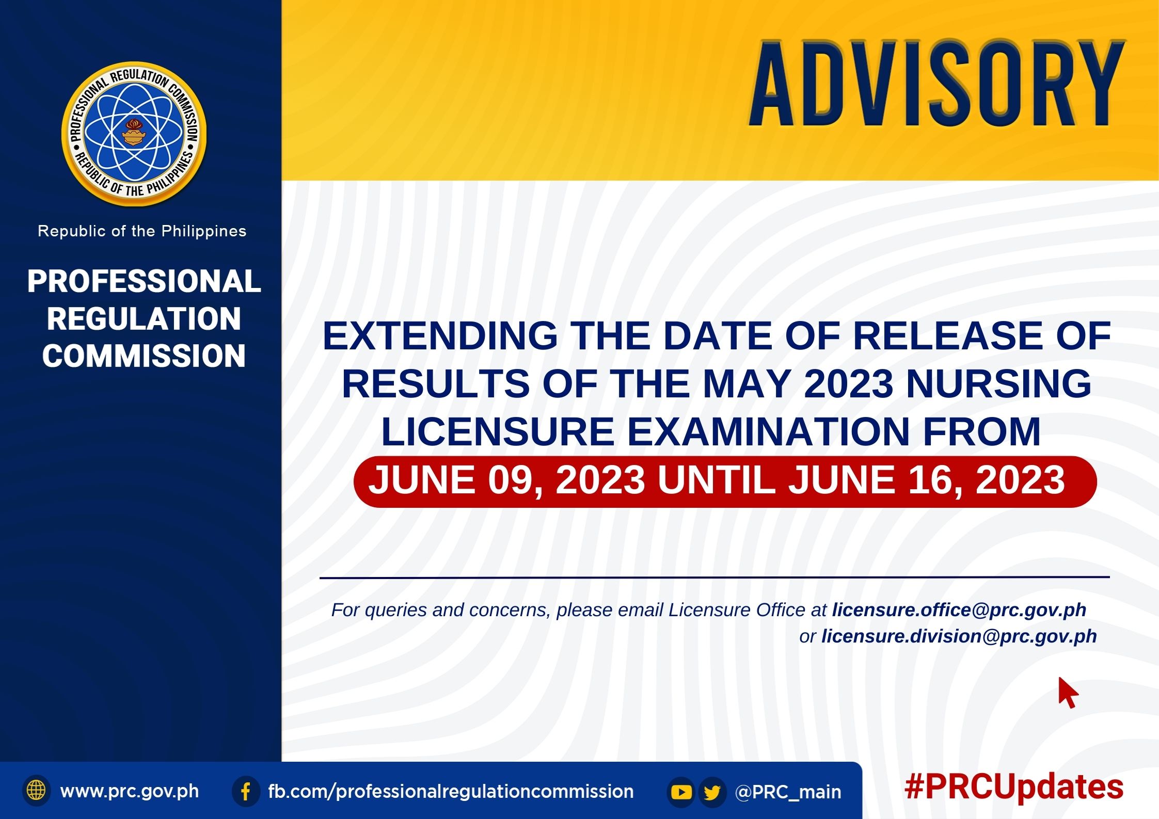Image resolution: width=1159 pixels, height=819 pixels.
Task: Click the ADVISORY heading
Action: point(937,83)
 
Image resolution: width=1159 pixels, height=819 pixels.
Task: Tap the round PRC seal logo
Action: point(134,134)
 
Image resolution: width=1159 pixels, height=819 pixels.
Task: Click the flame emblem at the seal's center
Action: point(134,133)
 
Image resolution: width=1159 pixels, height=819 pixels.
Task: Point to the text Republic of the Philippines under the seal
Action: point(142,231)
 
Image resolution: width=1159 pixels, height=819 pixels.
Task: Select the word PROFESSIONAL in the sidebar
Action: point(144,281)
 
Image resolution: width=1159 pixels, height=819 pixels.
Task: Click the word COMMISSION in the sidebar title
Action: point(144,356)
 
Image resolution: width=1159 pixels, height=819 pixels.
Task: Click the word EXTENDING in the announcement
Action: point(440,335)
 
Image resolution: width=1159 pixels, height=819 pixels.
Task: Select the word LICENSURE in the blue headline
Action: point(497,431)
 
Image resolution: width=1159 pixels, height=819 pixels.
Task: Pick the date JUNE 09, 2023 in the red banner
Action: point(506,480)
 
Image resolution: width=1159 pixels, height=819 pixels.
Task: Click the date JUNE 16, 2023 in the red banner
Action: point(926,480)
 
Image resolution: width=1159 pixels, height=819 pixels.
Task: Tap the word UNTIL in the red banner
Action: point(717,480)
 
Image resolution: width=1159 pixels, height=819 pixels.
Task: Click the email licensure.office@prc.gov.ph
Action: point(959,610)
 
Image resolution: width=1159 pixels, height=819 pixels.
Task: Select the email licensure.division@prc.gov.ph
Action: point(959,636)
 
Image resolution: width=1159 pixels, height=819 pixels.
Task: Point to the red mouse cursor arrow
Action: point(1068,693)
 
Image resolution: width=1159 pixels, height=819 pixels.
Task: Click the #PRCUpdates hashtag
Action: point(1014,788)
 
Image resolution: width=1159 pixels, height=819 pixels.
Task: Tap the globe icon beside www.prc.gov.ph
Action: point(36,790)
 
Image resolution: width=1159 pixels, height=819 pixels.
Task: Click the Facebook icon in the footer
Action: point(246,791)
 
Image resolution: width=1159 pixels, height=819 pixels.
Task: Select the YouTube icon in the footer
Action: point(681,792)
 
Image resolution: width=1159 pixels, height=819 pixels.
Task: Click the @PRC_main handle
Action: point(788,792)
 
